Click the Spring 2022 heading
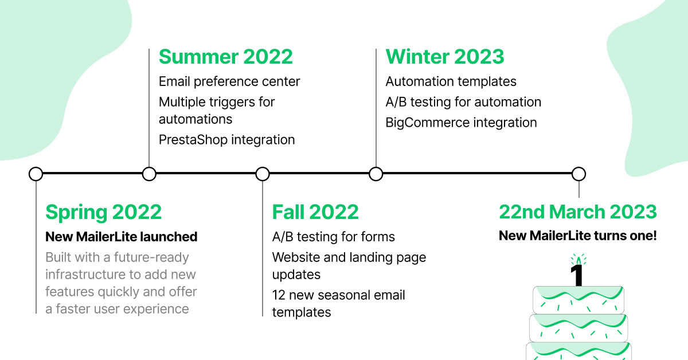103,212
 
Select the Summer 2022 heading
225,57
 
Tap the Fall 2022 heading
315,212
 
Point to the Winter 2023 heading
445,57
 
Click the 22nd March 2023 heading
578,212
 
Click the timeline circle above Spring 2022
36,174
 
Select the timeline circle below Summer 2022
149,174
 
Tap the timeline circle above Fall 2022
263,174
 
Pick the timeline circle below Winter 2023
376,174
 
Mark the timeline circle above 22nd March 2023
578,174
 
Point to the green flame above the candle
578,260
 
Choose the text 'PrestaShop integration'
226,139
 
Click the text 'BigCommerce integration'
461,123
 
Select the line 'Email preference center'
229,82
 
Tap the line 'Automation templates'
451,82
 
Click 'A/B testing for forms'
333,237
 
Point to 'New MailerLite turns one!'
577,236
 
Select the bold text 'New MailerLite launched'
121,237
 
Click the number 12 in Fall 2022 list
279,295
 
